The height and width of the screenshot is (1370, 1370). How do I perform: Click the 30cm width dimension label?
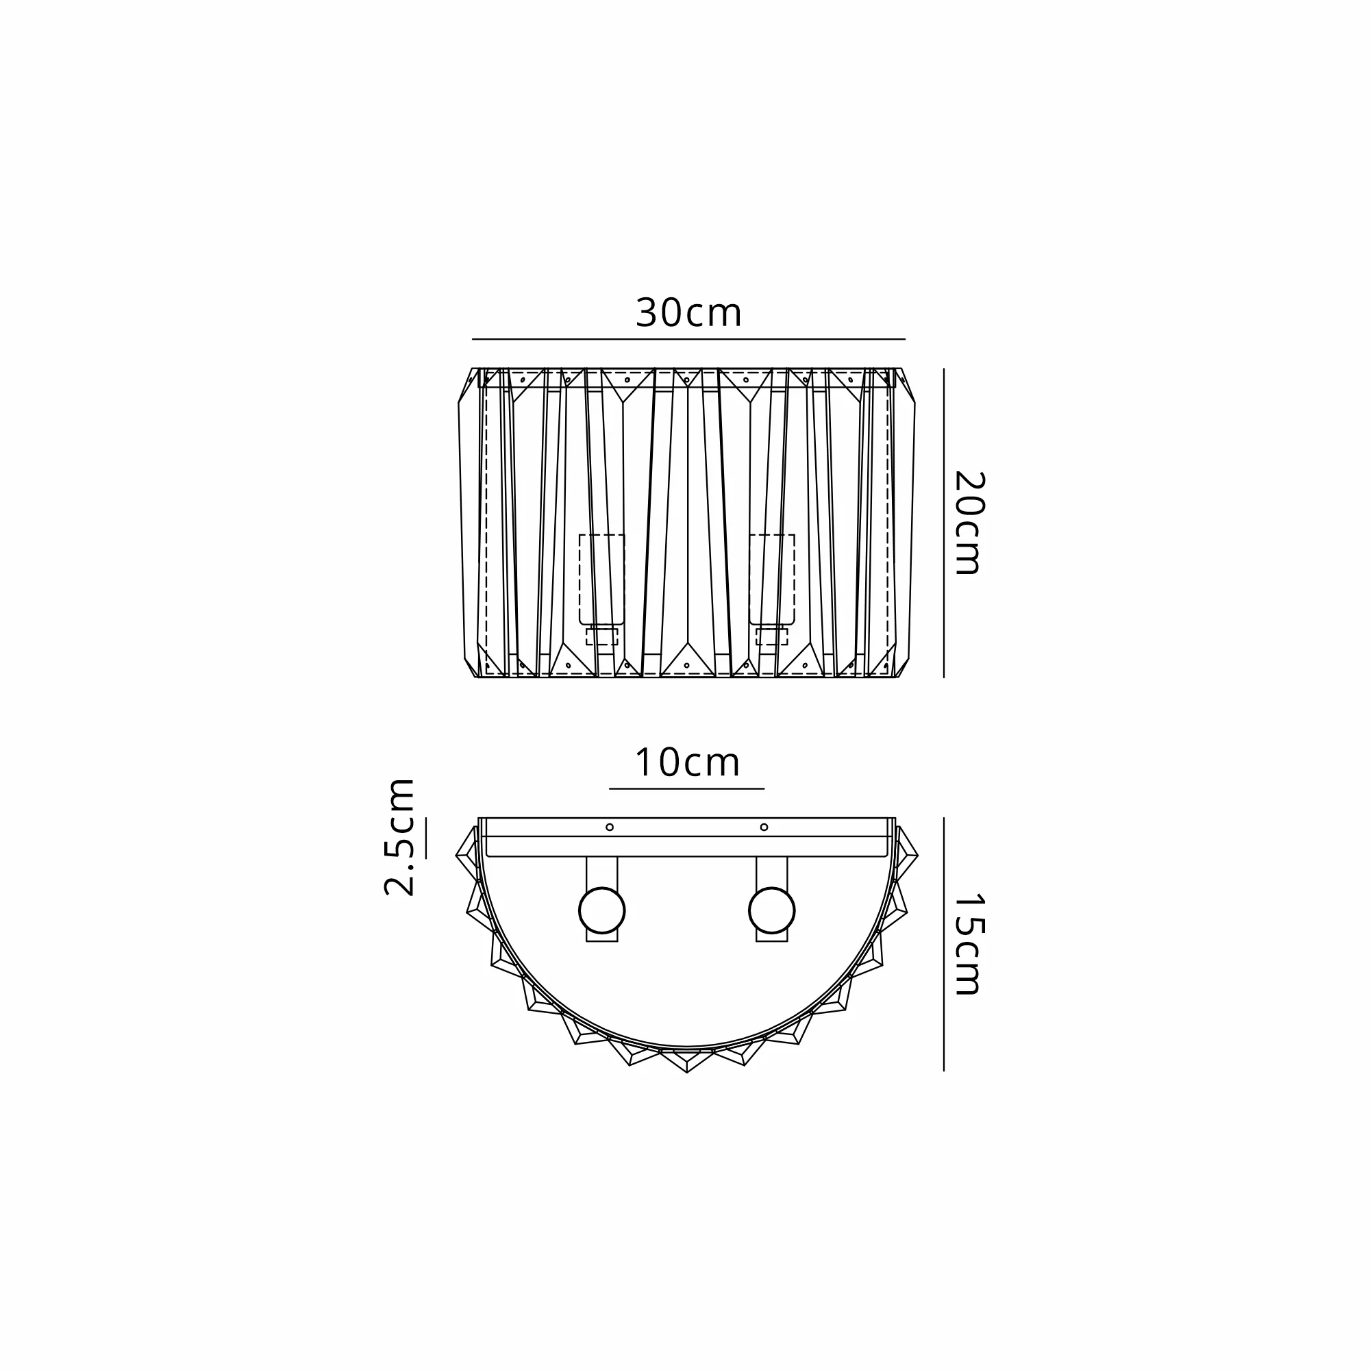coord(688,313)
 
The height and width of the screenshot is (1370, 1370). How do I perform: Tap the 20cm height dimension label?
coord(967,523)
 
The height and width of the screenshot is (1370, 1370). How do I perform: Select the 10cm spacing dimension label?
coord(687,762)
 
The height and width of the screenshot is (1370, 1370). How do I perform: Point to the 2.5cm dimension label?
coord(399,837)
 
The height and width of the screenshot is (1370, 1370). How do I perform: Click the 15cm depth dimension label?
coord(967,944)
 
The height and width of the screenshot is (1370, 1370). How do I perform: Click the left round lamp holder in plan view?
coord(602,910)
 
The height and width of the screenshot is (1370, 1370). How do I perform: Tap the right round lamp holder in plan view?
coord(771,910)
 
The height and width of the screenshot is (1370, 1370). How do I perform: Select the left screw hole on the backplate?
coord(609,827)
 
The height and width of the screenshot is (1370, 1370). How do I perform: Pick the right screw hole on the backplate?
coord(764,827)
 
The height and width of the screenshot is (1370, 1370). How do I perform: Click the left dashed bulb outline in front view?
coord(602,580)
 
